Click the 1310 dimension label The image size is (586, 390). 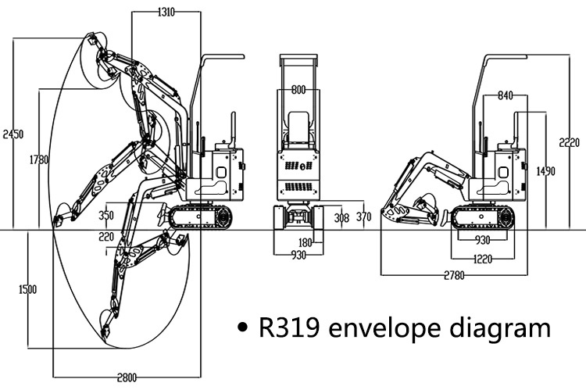point(166,12)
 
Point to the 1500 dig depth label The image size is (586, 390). point(27,289)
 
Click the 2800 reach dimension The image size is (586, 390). point(127,377)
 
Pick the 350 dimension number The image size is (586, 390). point(107,216)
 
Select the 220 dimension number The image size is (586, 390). point(106,236)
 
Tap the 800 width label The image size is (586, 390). point(298,90)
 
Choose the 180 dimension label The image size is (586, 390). point(306,242)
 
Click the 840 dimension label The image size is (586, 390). point(505,95)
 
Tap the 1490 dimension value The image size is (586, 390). point(545,171)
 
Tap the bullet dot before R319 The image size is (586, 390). point(245,328)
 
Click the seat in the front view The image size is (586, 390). point(298,125)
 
